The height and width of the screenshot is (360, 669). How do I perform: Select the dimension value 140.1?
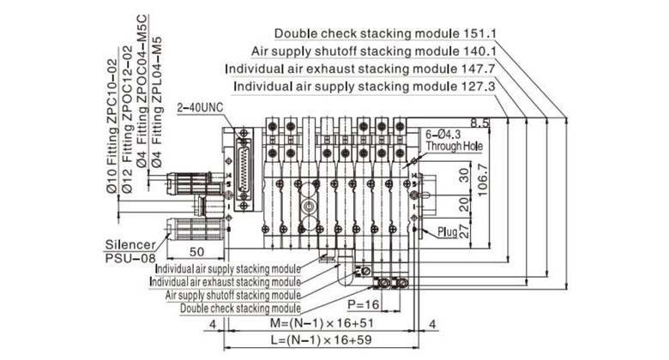(x=482, y=51)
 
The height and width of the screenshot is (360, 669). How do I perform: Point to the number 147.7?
(x=482, y=69)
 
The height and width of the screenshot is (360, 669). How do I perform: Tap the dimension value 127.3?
(x=482, y=87)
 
